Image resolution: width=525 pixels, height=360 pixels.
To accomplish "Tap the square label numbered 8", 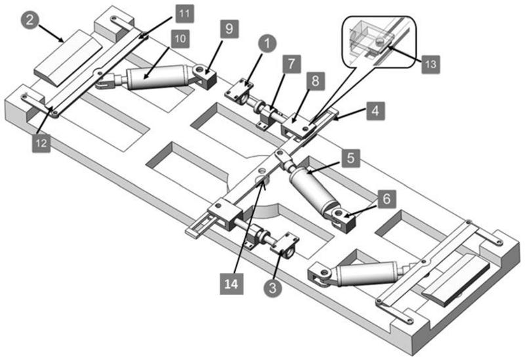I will (x=315, y=82).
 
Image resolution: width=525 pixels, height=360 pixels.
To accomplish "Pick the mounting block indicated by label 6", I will (x=344, y=219).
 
